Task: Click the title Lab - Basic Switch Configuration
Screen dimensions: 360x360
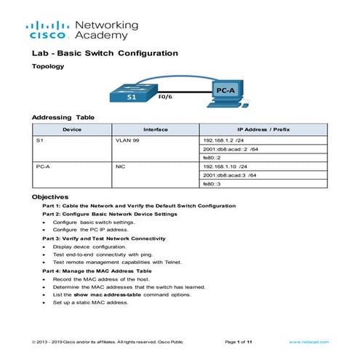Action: (105, 53)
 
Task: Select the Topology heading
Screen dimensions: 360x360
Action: (48, 66)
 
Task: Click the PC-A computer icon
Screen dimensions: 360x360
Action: (227, 93)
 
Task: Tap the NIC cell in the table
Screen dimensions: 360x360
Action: (121, 166)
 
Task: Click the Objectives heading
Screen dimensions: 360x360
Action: (50, 197)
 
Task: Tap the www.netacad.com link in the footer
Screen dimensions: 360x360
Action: (305, 341)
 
